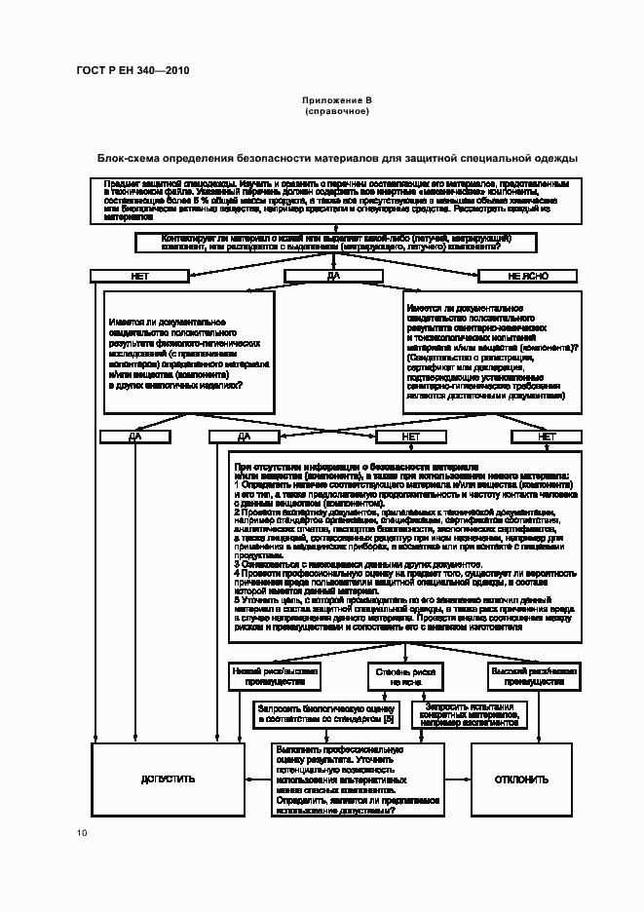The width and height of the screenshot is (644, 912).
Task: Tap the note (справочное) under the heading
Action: click(x=336, y=111)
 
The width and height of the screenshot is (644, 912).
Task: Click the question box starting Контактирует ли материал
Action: click(x=337, y=242)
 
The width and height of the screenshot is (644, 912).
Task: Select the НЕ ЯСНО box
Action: click(x=529, y=276)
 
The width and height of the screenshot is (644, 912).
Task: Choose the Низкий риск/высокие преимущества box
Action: click(x=276, y=677)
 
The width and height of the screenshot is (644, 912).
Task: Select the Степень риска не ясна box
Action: click(x=404, y=677)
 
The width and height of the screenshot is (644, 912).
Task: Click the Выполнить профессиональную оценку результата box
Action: click(x=357, y=780)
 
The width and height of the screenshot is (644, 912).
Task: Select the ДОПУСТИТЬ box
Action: click(x=168, y=779)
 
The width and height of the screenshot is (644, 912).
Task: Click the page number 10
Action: click(x=82, y=832)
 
